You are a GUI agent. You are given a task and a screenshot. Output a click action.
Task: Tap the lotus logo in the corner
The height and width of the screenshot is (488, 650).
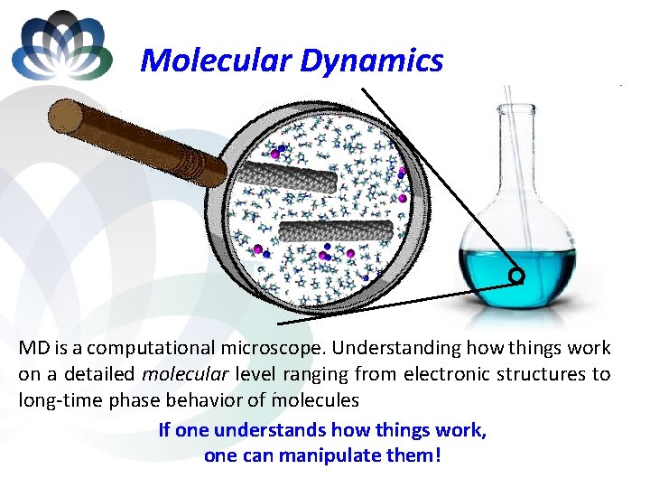(x=61, y=45)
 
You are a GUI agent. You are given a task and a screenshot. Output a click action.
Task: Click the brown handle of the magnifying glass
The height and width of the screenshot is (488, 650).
(x=135, y=141)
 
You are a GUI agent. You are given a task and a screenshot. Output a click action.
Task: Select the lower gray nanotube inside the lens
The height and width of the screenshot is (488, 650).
(x=336, y=230)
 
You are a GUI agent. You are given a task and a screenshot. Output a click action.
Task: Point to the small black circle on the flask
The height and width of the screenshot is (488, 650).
(x=516, y=275)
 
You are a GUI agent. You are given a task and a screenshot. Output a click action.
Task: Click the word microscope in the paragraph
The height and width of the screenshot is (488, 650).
(x=312, y=348)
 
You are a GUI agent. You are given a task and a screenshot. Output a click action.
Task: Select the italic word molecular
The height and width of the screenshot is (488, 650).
(x=193, y=374)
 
